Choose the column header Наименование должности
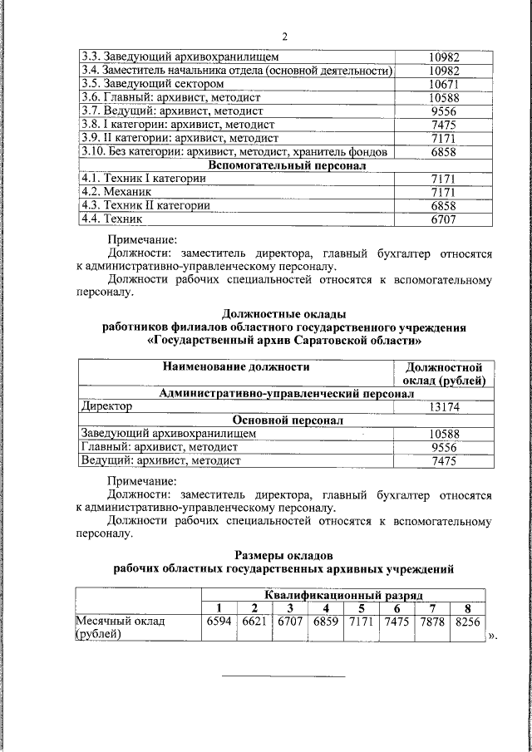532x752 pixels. click(236, 366)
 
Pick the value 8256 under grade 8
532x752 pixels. click(469, 622)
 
